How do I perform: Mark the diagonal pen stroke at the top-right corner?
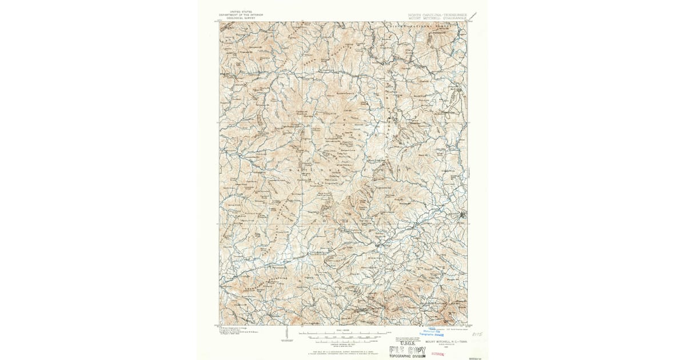point(474,16)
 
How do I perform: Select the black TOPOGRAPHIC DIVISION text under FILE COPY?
point(407,356)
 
